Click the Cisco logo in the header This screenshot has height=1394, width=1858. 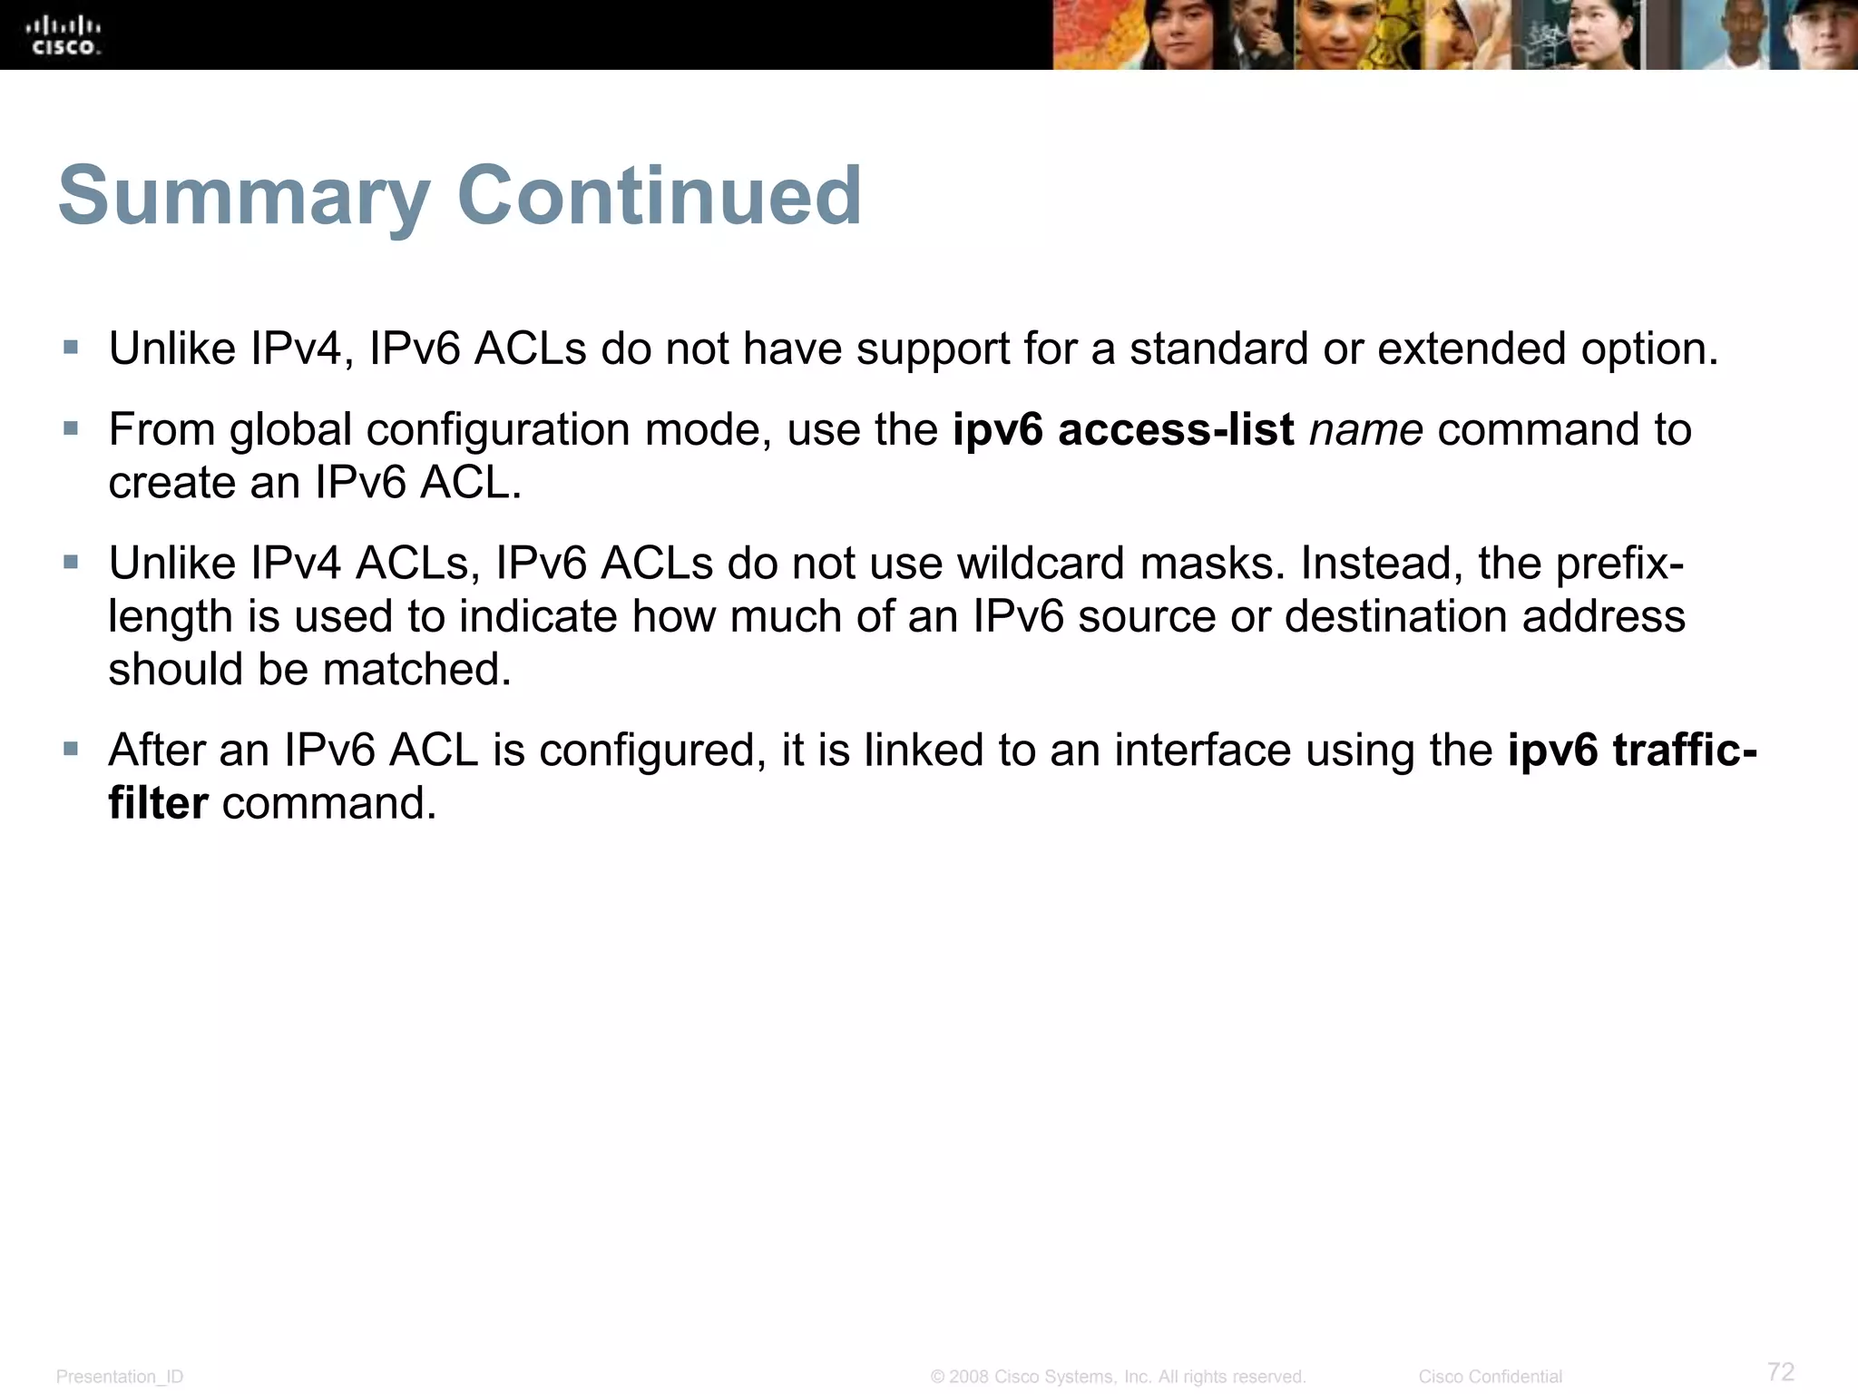[x=64, y=35]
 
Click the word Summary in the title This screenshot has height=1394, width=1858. [x=243, y=196]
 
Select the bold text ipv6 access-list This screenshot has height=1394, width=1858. [x=1123, y=429]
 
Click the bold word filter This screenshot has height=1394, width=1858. [x=158, y=803]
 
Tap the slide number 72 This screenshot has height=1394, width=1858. [x=1781, y=1370]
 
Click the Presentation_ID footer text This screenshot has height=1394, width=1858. [x=120, y=1377]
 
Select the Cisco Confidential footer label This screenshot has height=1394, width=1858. [x=1490, y=1377]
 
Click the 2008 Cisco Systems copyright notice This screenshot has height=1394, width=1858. [x=1118, y=1377]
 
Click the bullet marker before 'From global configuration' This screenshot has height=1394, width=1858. [x=71, y=427]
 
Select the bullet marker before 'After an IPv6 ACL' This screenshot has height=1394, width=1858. [x=71, y=749]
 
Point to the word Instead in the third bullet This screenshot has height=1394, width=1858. [x=1382, y=564]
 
